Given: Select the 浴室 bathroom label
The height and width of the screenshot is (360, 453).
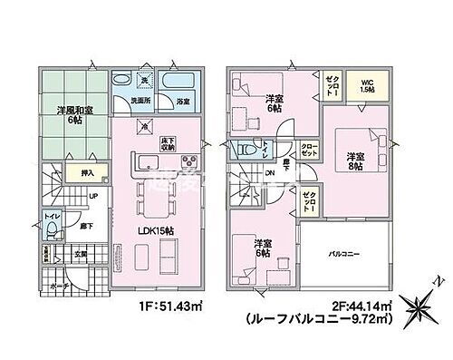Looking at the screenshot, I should click(182, 102).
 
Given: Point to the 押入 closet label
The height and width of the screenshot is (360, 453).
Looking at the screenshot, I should click(65, 169).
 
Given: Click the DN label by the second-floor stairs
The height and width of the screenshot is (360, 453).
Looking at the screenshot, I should click(269, 174).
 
